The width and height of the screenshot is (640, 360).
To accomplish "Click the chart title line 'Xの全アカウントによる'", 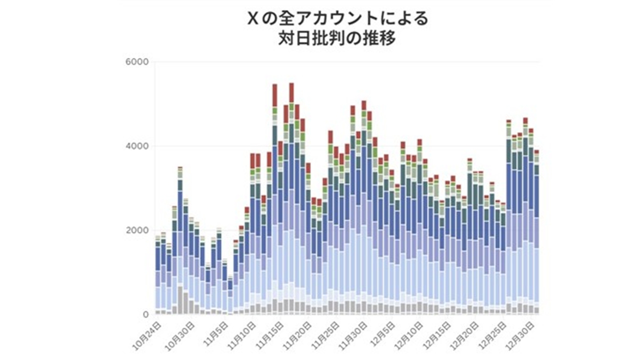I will pyautogui.click(x=337, y=19).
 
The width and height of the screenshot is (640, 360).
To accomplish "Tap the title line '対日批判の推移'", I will pyautogui.click(x=337, y=38).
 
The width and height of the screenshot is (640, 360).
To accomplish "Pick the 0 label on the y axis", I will pyautogui.click(x=146, y=314).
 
